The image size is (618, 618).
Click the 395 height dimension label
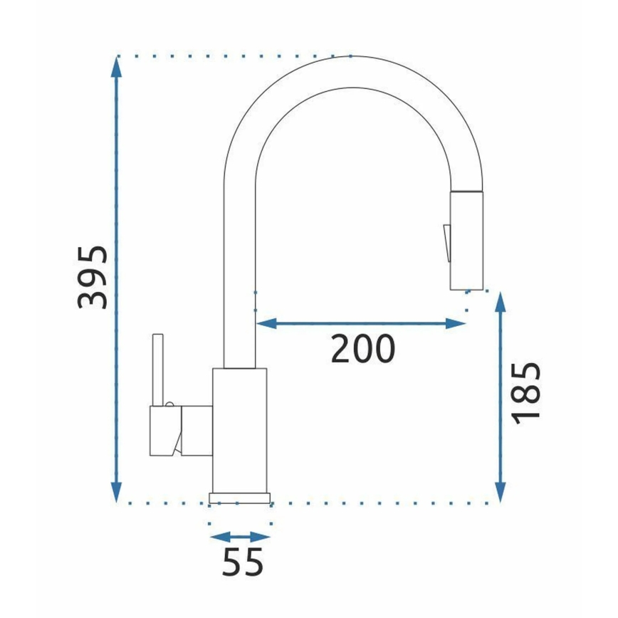(94, 278)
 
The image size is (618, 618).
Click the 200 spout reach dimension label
(362, 348)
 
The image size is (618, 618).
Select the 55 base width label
(242, 562)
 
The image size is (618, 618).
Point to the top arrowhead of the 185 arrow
(501, 302)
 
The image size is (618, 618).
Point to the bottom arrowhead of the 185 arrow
(501, 491)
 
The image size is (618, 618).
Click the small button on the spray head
(446, 242)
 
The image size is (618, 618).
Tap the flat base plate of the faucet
(240, 496)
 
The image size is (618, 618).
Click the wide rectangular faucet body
(239, 427)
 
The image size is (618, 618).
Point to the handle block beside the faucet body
(181, 431)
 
